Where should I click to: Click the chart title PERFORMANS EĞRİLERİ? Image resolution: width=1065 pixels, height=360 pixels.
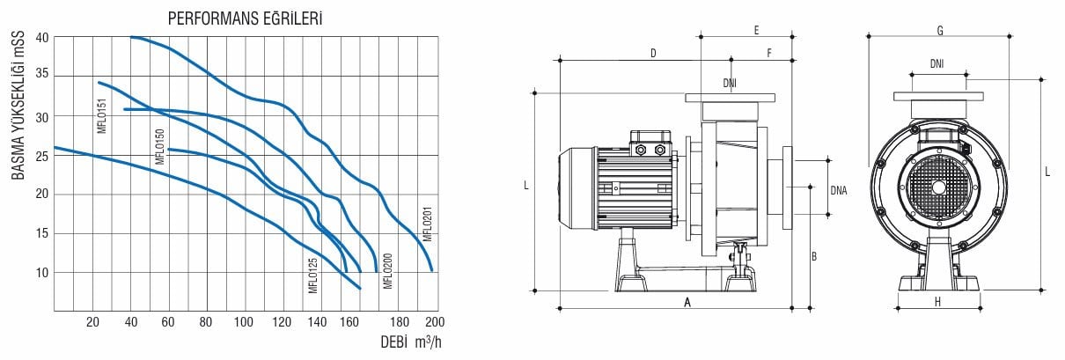(x=245, y=18)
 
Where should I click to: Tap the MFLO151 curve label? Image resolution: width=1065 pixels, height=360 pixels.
(x=102, y=115)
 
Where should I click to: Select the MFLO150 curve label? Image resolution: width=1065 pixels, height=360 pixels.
(x=160, y=146)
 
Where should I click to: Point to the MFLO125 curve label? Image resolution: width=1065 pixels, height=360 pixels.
(x=312, y=276)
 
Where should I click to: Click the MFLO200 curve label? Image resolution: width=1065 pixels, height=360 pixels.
(x=387, y=271)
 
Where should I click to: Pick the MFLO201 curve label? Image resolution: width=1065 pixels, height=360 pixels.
(x=427, y=224)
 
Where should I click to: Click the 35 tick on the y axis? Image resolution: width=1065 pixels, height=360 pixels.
(x=42, y=74)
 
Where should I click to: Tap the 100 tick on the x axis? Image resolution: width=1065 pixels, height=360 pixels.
(x=244, y=322)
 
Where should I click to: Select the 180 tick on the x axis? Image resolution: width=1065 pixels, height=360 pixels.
(x=400, y=322)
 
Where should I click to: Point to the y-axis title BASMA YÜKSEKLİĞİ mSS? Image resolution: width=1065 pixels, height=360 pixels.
(x=18, y=106)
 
